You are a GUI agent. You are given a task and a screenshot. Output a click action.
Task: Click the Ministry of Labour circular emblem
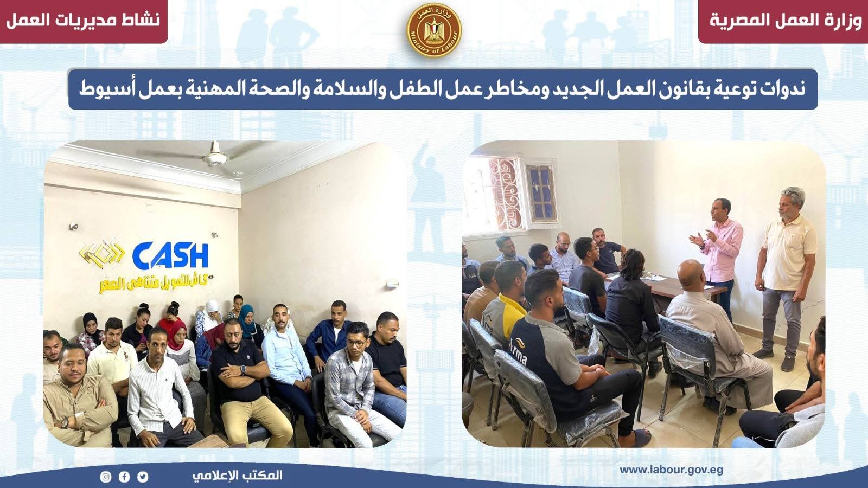pyautogui.click(x=433, y=30)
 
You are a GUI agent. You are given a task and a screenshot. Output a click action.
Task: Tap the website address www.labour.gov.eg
pyautogui.click(x=671, y=470)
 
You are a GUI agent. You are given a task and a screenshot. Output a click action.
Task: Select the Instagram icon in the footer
pyautogui.click(x=106, y=477)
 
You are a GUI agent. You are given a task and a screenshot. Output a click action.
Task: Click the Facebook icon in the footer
pyautogui.click(x=124, y=477)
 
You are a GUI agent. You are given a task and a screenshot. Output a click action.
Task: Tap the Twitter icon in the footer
pyautogui.click(x=142, y=477)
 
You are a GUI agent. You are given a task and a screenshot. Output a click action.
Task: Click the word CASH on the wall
pyautogui.click(x=170, y=255)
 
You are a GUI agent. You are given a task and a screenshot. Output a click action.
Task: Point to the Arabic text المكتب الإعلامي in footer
pyautogui.click(x=237, y=476)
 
